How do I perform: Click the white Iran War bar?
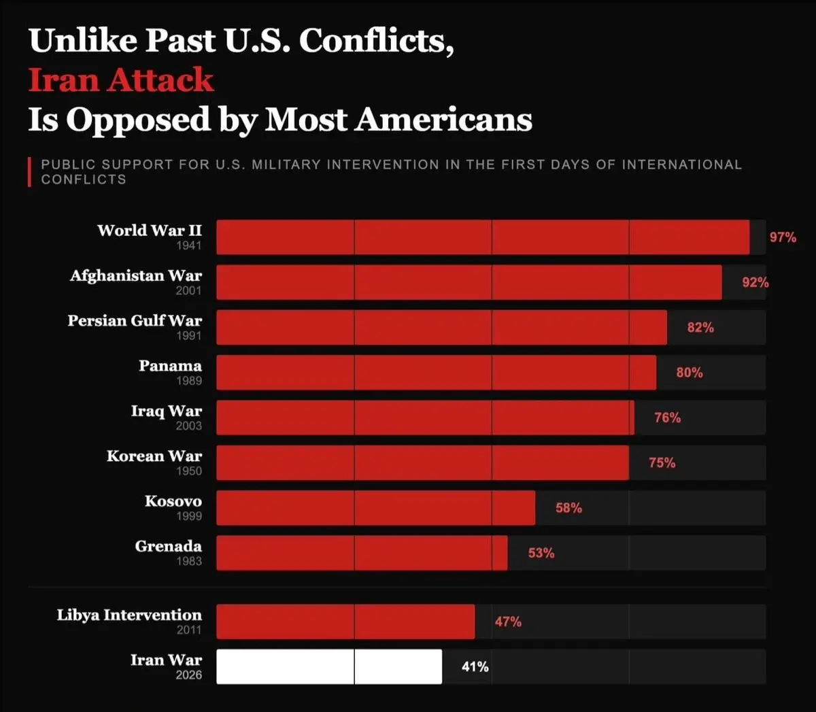pos(329,666)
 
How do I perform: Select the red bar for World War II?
pos(483,237)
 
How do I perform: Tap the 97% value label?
pos(783,237)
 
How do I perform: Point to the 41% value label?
pos(475,667)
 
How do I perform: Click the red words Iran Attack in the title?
pos(121,80)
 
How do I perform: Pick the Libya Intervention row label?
pos(129,615)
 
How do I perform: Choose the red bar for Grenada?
pos(362,553)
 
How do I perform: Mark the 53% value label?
pos(541,554)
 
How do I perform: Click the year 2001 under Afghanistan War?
pos(188,290)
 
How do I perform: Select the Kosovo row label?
pos(173,501)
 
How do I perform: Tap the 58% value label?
pos(568,508)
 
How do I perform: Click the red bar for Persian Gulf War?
pos(441,327)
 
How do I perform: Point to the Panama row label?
pos(170,366)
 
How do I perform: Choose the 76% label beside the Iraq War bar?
pos(667,418)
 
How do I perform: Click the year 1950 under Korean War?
pos(188,471)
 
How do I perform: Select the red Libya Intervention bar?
pos(345,622)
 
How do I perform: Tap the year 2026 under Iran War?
pos(188,675)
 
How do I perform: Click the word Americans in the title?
pos(444,120)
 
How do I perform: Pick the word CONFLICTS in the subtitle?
pos(84,180)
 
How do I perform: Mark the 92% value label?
pos(755,282)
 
